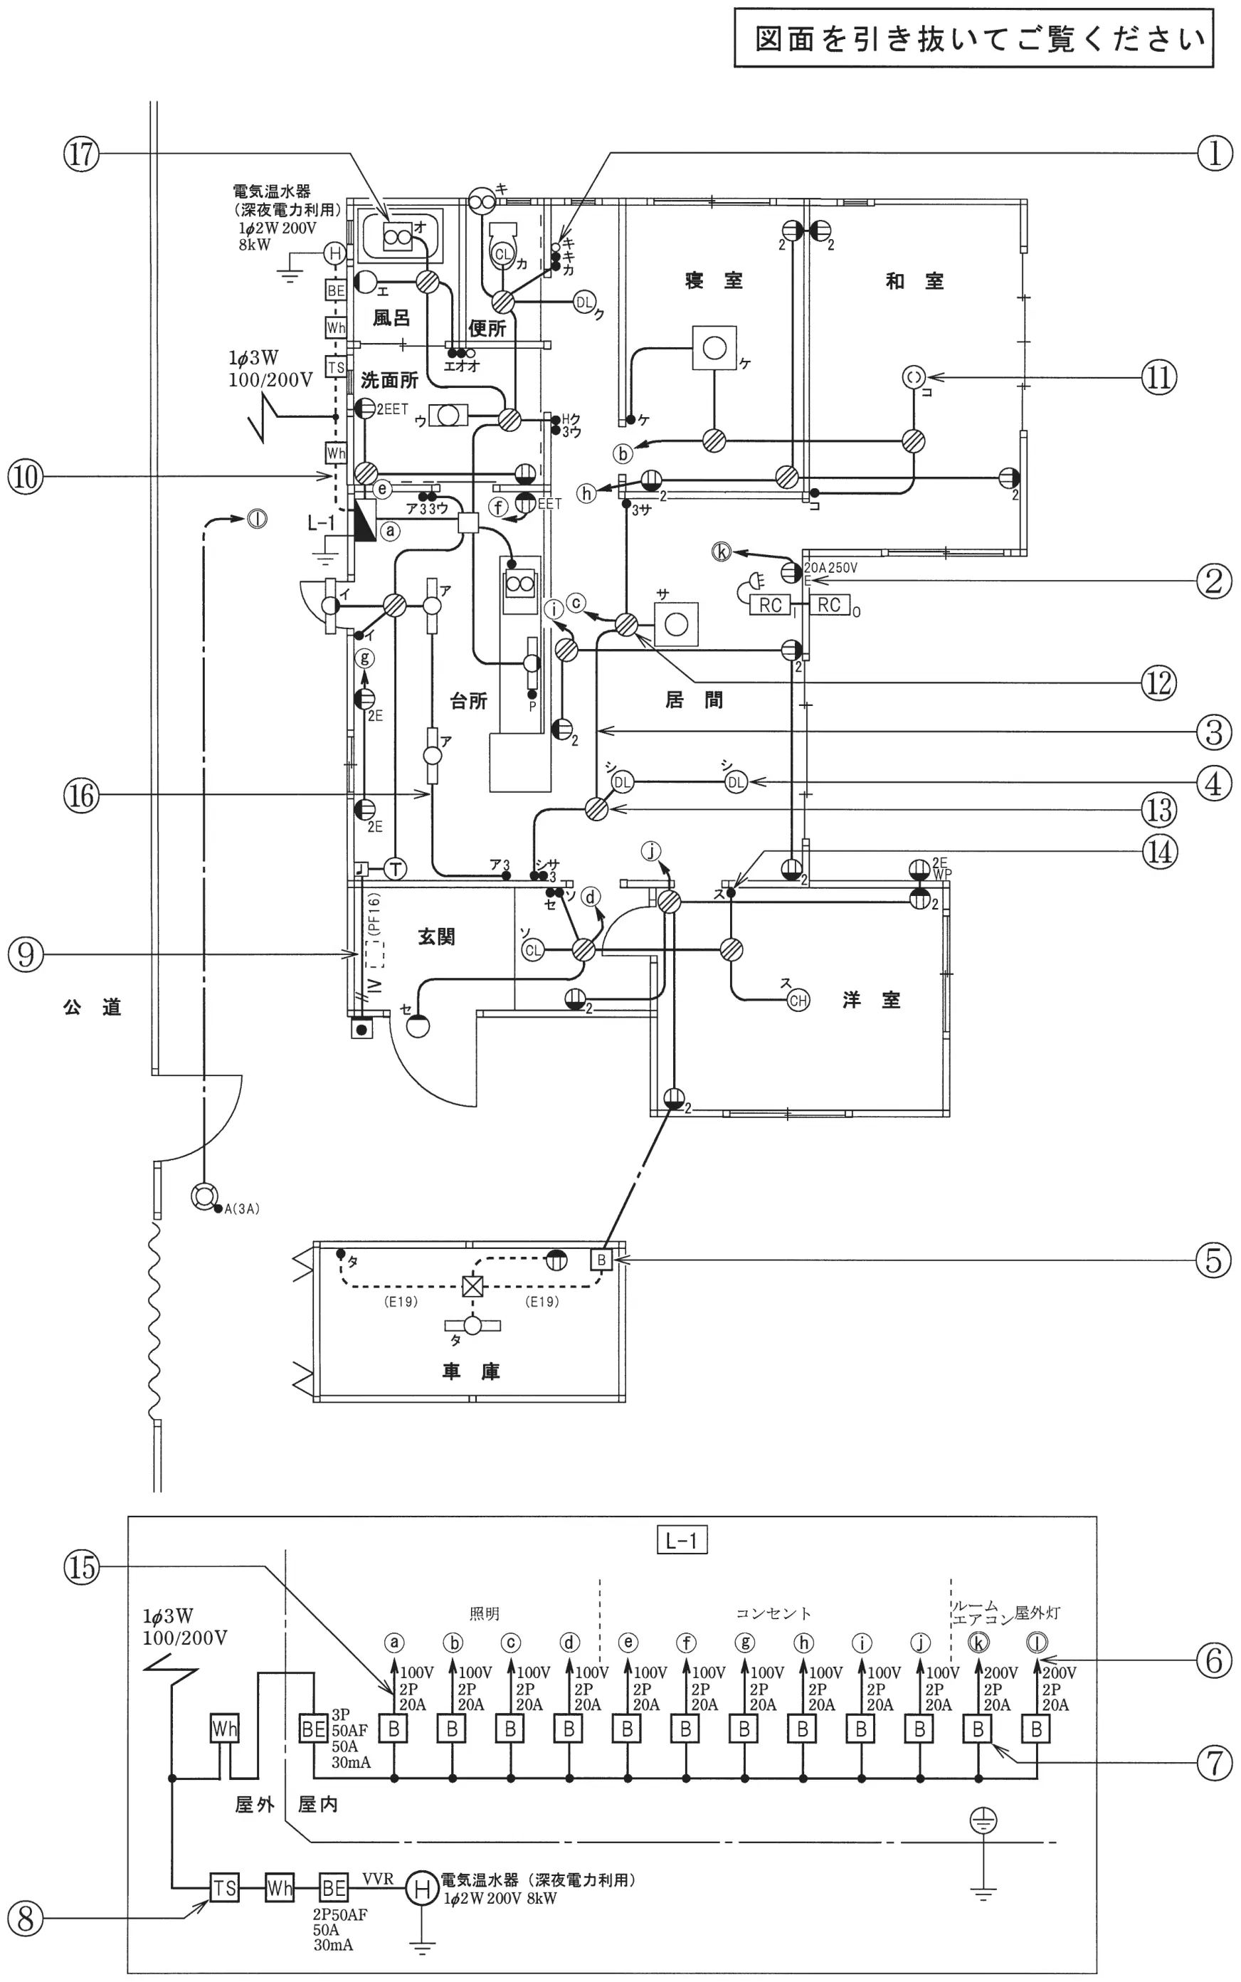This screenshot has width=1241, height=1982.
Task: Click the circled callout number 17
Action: [x=81, y=154]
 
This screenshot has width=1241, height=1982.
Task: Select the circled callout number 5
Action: [x=1214, y=1260]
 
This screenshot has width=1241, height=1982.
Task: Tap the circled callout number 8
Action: [x=26, y=1919]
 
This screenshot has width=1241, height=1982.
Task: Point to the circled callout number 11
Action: [x=1158, y=377]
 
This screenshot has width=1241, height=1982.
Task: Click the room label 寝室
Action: [x=713, y=280]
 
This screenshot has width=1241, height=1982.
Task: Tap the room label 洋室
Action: [x=871, y=1000]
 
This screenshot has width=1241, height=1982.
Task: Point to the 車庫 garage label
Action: [x=470, y=1371]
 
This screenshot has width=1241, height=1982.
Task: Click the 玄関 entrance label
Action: [x=437, y=937]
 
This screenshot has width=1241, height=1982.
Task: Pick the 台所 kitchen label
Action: [x=469, y=701]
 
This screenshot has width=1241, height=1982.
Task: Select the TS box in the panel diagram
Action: [x=224, y=1889]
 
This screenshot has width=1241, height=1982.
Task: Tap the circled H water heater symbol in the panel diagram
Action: [x=422, y=1889]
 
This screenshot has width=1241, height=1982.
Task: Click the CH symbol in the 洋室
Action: [x=798, y=1001]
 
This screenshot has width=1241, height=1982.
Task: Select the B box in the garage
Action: [x=601, y=1260]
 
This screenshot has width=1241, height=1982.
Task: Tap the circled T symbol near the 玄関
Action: [x=396, y=869]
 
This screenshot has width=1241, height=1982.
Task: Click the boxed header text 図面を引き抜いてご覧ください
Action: [x=980, y=38]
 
